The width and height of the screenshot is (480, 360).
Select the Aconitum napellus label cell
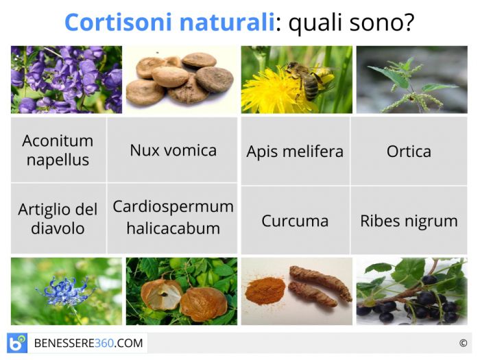coord(58,150)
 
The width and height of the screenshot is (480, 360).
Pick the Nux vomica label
coord(173,150)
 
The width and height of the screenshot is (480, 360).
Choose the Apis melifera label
coord(295,152)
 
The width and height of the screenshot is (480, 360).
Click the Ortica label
coord(409,152)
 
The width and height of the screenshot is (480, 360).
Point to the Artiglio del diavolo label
coord(58,219)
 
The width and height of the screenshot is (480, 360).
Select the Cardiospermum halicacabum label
coord(173,217)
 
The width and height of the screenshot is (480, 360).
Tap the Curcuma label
coord(295,221)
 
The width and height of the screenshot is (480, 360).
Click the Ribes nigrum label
coord(409,221)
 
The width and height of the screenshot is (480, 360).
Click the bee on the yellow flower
coord(309,80)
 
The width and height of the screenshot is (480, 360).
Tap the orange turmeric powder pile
coord(265,290)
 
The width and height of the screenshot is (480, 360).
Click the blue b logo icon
coord(17,343)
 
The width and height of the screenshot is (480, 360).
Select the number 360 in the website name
coord(104,343)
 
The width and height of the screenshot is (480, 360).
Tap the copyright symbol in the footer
coord(463,343)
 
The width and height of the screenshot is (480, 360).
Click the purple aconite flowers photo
coord(67,80)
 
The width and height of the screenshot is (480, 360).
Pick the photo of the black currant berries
coord(411,291)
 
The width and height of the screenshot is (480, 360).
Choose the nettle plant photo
coord(411,80)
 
